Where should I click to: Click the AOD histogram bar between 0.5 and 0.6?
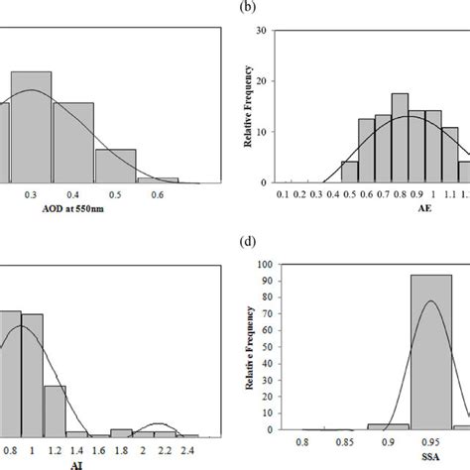tap(157, 180)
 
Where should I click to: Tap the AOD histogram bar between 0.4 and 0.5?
tap(115, 166)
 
